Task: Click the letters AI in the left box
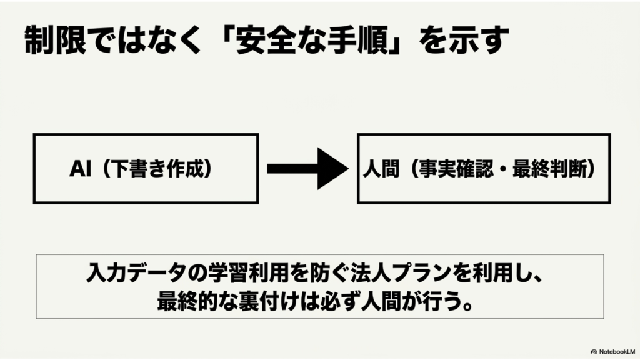[80, 169]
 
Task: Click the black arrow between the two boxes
[307, 169]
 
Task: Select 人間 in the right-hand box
[381, 169]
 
